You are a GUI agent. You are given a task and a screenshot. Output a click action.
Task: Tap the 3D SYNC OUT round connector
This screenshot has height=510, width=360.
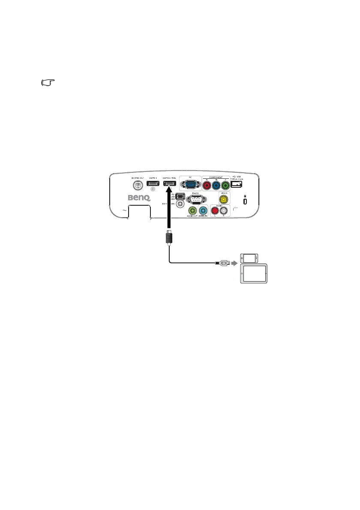(x=138, y=185)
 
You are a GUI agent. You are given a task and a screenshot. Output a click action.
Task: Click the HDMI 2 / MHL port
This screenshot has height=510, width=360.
(x=170, y=184)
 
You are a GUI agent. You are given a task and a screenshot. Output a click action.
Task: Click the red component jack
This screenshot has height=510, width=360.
(x=207, y=185)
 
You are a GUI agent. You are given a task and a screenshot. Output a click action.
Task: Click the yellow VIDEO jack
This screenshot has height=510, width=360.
(x=223, y=199)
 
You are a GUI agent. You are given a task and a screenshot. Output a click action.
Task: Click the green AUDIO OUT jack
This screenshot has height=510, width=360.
(x=192, y=211)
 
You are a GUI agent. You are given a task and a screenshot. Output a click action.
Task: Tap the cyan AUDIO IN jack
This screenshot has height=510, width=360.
(x=202, y=211)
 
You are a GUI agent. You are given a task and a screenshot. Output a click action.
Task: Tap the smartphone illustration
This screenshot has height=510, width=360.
(x=249, y=258)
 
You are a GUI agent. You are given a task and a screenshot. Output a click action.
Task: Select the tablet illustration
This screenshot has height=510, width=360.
(x=254, y=274)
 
